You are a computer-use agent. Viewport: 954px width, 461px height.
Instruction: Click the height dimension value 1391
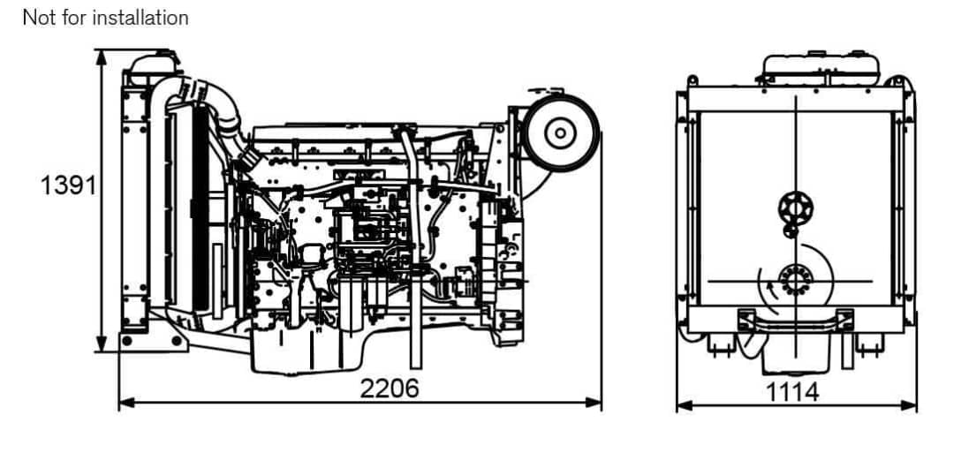(69, 185)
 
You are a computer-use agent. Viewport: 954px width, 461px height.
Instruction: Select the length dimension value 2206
(390, 388)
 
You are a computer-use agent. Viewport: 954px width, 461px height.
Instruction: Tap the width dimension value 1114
(791, 392)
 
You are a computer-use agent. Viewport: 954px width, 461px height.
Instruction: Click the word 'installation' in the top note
(140, 18)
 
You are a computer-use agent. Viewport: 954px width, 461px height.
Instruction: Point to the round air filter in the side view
(560, 133)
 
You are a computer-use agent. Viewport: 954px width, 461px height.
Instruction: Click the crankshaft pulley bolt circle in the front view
(795, 280)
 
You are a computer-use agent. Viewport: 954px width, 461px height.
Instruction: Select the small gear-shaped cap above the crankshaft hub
(795, 208)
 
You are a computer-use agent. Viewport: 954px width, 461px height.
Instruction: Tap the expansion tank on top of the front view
(821, 68)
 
